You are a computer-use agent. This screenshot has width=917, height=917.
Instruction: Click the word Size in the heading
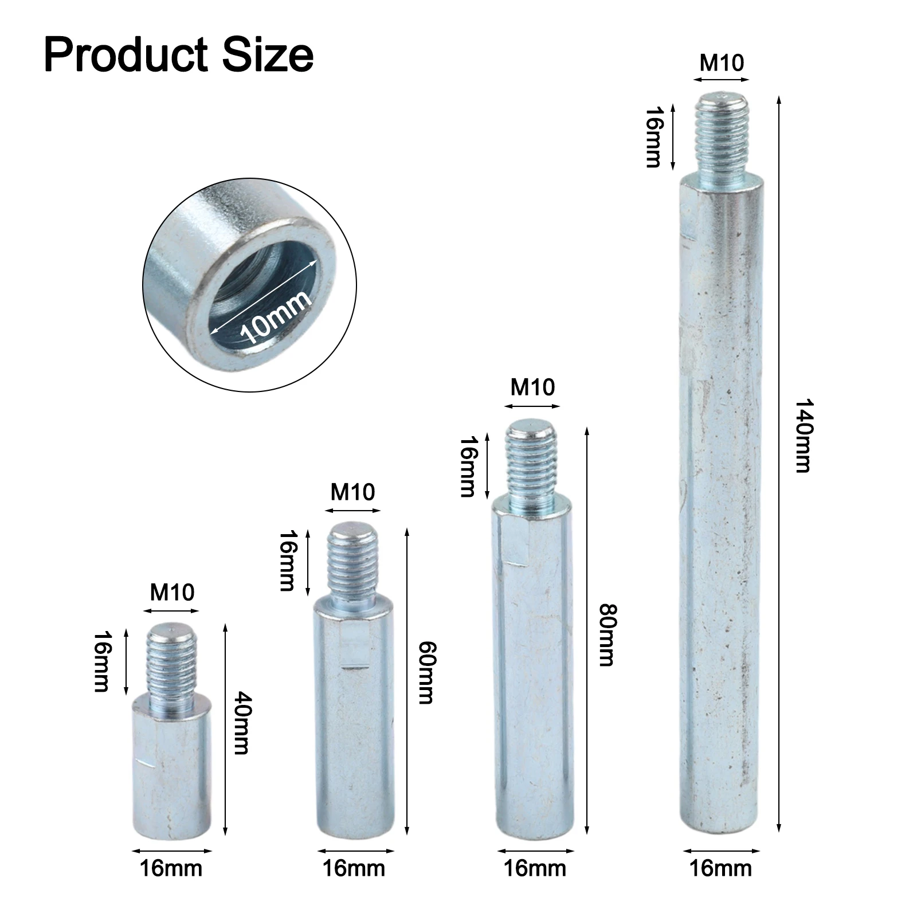[264, 55]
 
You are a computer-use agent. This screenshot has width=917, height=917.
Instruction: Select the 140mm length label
[804, 436]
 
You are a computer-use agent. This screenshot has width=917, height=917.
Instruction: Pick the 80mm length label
[606, 634]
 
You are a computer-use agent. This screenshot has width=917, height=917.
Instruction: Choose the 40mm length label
[241, 723]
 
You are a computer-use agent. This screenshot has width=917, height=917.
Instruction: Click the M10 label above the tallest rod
[722, 62]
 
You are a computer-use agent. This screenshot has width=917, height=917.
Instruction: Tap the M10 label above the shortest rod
[172, 592]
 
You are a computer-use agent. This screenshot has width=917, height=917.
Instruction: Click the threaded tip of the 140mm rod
[722, 138]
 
